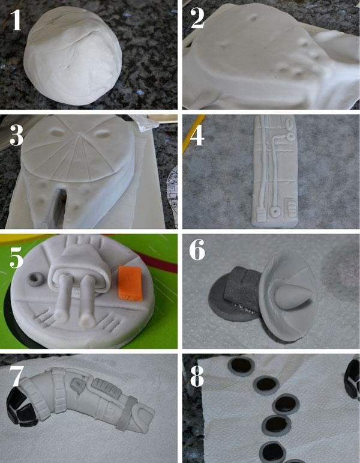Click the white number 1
click(x=16, y=19)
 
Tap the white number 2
click(x=197, y=18)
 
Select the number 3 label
click(x=16, y=135)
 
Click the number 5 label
click(x=16, y=257)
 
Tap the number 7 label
click(x=16, y=375)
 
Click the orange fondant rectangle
click(x=130, y=283)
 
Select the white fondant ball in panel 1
click(x=73, y=56)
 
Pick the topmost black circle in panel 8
click(x=241, y=366)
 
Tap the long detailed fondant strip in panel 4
click(x=275, y=171)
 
